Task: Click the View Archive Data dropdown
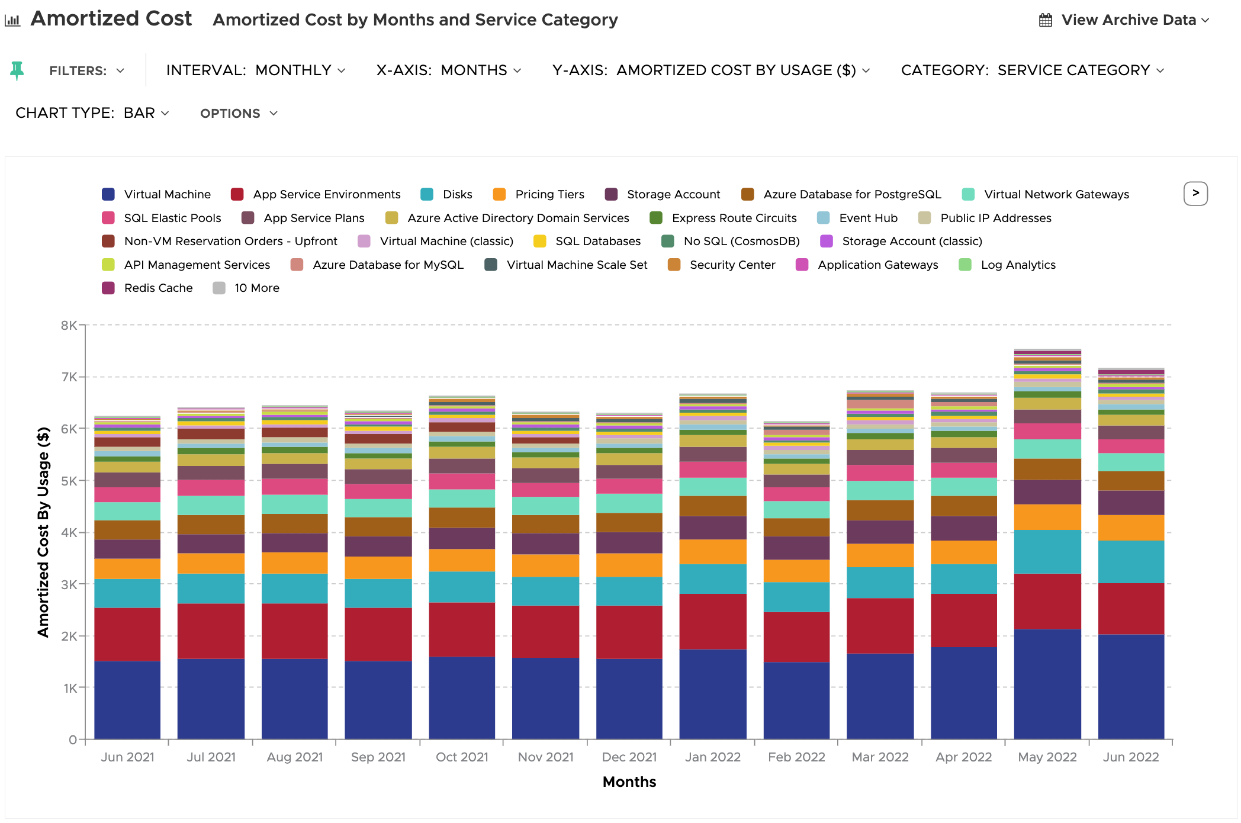[x=1124, y=20]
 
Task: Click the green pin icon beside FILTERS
[x=17, y=70]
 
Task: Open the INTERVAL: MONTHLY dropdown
[x=256, y=70]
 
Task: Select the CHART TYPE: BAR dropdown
[x=92, y=113]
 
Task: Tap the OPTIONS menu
[x=239, y=114]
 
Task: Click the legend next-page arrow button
[x=1195, y=194]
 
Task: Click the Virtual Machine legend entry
[x=156, y=194]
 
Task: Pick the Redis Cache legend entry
[x=147, y=288]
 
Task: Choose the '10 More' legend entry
[x=246, y=288]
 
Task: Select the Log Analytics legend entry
[x=1007, y=265]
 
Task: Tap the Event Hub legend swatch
[x=823, y=218]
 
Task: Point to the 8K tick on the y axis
[x=69, y=325]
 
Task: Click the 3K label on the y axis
[x=69, y=584]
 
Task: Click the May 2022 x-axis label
[x=1047, y=757]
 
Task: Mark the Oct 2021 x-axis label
[x=462, y=757]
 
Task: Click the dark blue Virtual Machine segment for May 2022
[x=1047, y=684]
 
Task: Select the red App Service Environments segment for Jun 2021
[x=127, y=634]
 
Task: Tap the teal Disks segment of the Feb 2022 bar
[x=796, y=597]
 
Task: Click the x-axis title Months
[x=629, y=782]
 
